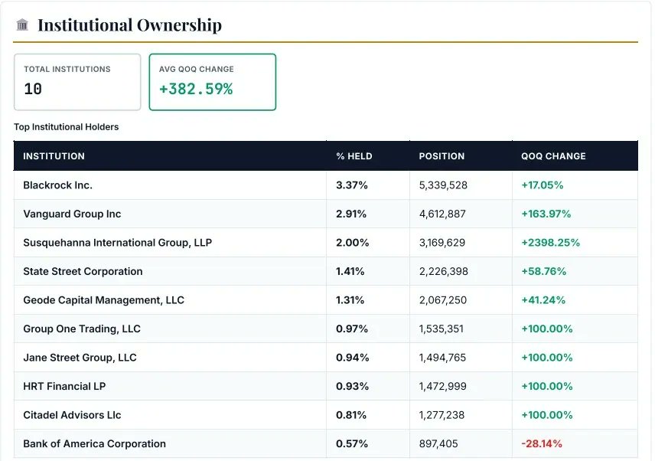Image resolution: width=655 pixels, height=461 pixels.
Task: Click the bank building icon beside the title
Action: (x=22, y=25)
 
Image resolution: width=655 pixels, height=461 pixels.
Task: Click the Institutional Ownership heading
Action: (x=129, y=25)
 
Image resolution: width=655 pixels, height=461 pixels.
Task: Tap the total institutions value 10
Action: (x=33, y=89)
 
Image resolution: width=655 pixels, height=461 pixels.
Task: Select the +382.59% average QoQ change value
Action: (x=196, y=89)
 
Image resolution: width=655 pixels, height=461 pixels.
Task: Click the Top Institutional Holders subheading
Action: (x=67, y=127)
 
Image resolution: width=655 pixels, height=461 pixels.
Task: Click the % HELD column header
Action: (x=354, y=156)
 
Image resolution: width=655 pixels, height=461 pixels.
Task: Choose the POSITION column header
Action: (x=442, y=156)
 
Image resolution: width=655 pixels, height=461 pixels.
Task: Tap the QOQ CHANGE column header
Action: (x=553, y=156)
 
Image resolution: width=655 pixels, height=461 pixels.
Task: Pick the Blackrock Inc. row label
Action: (x=57, y=185)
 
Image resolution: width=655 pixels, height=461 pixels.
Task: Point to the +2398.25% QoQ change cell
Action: (x=550, y=243)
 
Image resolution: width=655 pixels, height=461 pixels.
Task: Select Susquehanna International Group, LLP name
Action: (x=117, y=243)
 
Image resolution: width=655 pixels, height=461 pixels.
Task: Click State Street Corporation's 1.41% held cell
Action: (x=350, y=271)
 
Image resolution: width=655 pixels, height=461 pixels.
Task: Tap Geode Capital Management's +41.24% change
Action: (x=543, y=300)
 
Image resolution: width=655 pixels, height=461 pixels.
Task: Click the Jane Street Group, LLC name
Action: (x=80, y=358)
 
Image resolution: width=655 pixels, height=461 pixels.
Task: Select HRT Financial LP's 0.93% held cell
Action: (x=352, y=386)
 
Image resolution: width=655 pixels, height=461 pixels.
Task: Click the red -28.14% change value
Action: (x=542, y=443)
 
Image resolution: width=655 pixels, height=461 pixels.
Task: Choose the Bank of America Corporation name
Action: (x=94, y=443)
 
